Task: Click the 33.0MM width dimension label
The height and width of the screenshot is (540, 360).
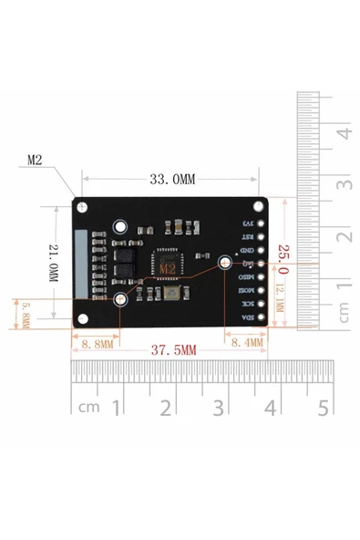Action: (172, 181)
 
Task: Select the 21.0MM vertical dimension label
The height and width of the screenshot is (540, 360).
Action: (54, 264)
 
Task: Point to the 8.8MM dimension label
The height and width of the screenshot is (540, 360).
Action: (97, 345)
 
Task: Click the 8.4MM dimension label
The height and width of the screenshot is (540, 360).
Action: (245, 343)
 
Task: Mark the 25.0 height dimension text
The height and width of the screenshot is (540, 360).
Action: (283, 258)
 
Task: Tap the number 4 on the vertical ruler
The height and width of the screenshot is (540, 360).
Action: (344, 133)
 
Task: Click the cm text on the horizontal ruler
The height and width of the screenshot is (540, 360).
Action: (88, 407)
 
